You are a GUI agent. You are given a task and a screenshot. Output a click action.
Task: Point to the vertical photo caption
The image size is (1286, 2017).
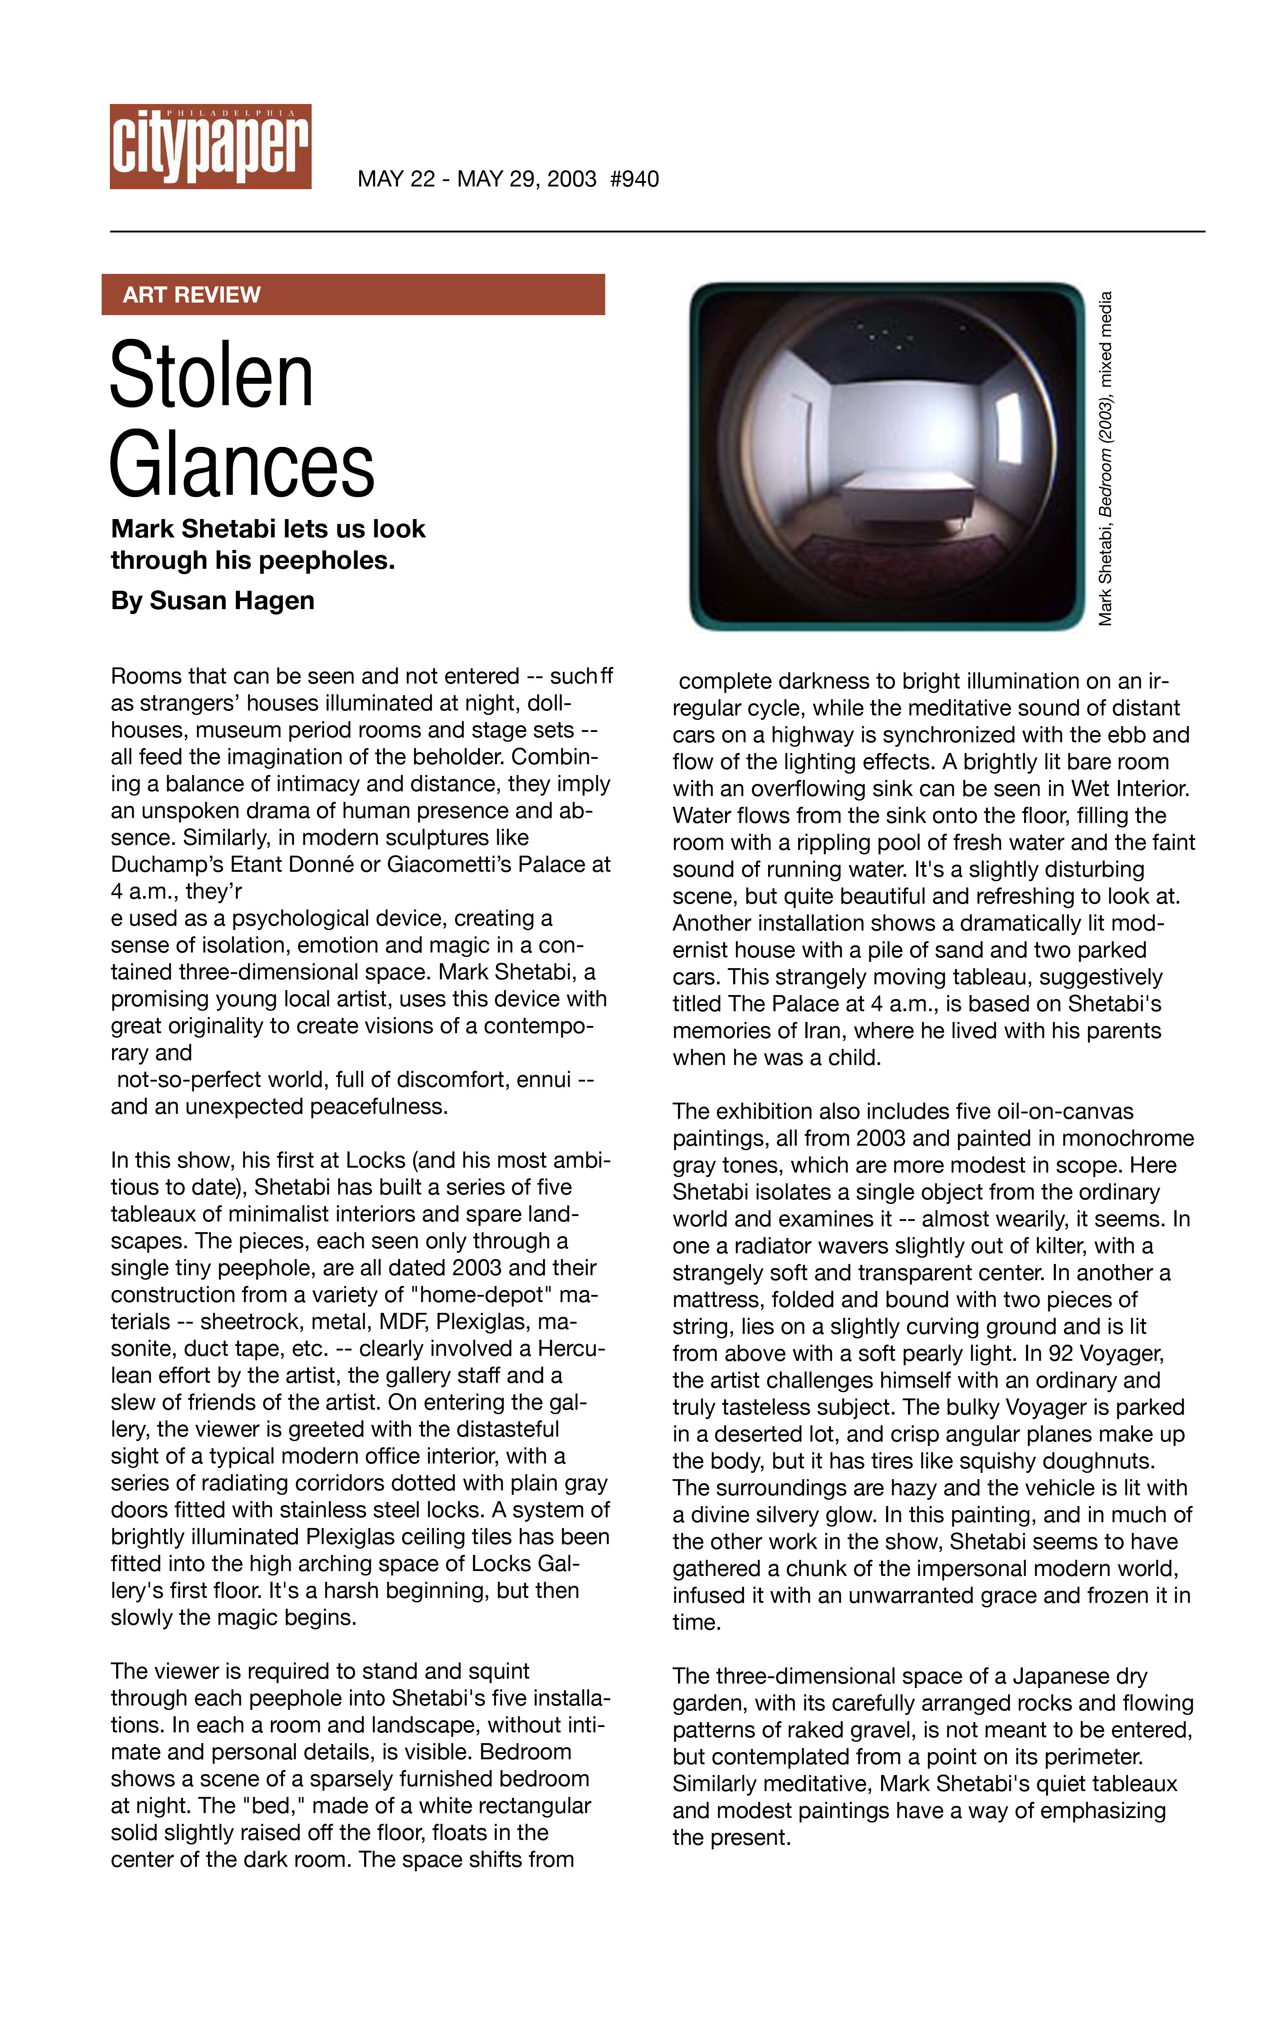[x=1106, y=458]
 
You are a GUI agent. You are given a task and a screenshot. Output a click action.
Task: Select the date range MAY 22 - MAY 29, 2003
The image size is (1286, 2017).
[x=477, y=179]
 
